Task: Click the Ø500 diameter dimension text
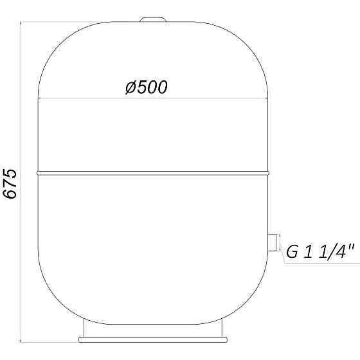(147, 87)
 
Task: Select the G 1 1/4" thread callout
(321, 253)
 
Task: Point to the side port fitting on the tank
(274, 242)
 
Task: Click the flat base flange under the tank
(154, 338)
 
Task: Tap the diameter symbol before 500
(129, 87)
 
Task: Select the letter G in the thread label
(292, 253)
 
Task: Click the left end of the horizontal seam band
(38, 172)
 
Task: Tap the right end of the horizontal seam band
(269, 172)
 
